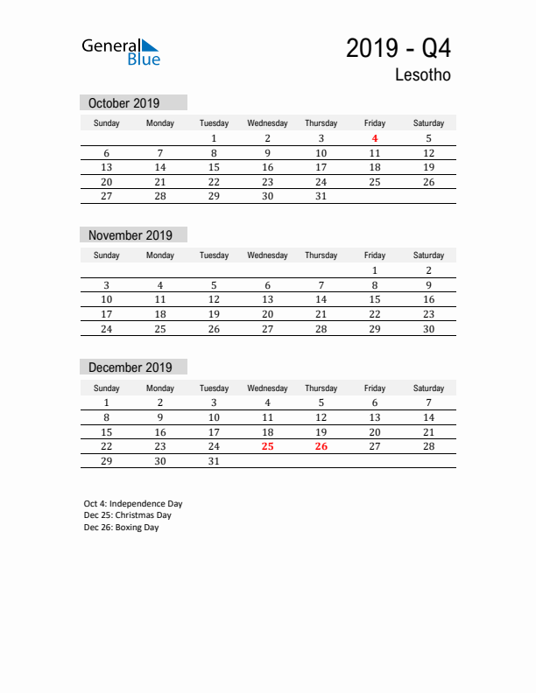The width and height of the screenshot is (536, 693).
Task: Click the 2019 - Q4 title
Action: tap(398, 48)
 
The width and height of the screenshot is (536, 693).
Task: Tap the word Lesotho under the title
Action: tap(422, 75)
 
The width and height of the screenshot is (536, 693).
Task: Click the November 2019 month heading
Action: tap(130, 235)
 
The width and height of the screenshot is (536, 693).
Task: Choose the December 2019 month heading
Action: tap(130, 367)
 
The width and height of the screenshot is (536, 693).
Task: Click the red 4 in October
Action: tap(375, 138)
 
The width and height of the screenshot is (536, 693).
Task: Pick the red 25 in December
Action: tap(268, 446)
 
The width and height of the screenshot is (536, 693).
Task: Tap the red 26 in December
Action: tap(321, 446)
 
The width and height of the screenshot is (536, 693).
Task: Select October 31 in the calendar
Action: tap(321, 197)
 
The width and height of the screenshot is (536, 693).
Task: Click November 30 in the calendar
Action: tap(428, 329)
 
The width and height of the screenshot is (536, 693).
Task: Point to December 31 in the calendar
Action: tap(214, 461)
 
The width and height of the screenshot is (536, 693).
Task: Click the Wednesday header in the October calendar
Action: tap(267, 123)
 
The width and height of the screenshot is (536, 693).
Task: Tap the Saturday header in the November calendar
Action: tap(428, 255)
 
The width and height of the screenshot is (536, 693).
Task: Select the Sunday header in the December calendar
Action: tap(107, 388)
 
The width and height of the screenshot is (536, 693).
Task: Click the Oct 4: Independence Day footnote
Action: tap(133, 504)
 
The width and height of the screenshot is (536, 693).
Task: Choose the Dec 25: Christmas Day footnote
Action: tap(128, 515)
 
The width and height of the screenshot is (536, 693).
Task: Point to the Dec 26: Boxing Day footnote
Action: tap(122, 528)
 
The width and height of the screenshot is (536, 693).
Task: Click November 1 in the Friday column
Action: tap(375, 270)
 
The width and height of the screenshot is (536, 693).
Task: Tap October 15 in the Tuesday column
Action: tap(214, 167)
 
